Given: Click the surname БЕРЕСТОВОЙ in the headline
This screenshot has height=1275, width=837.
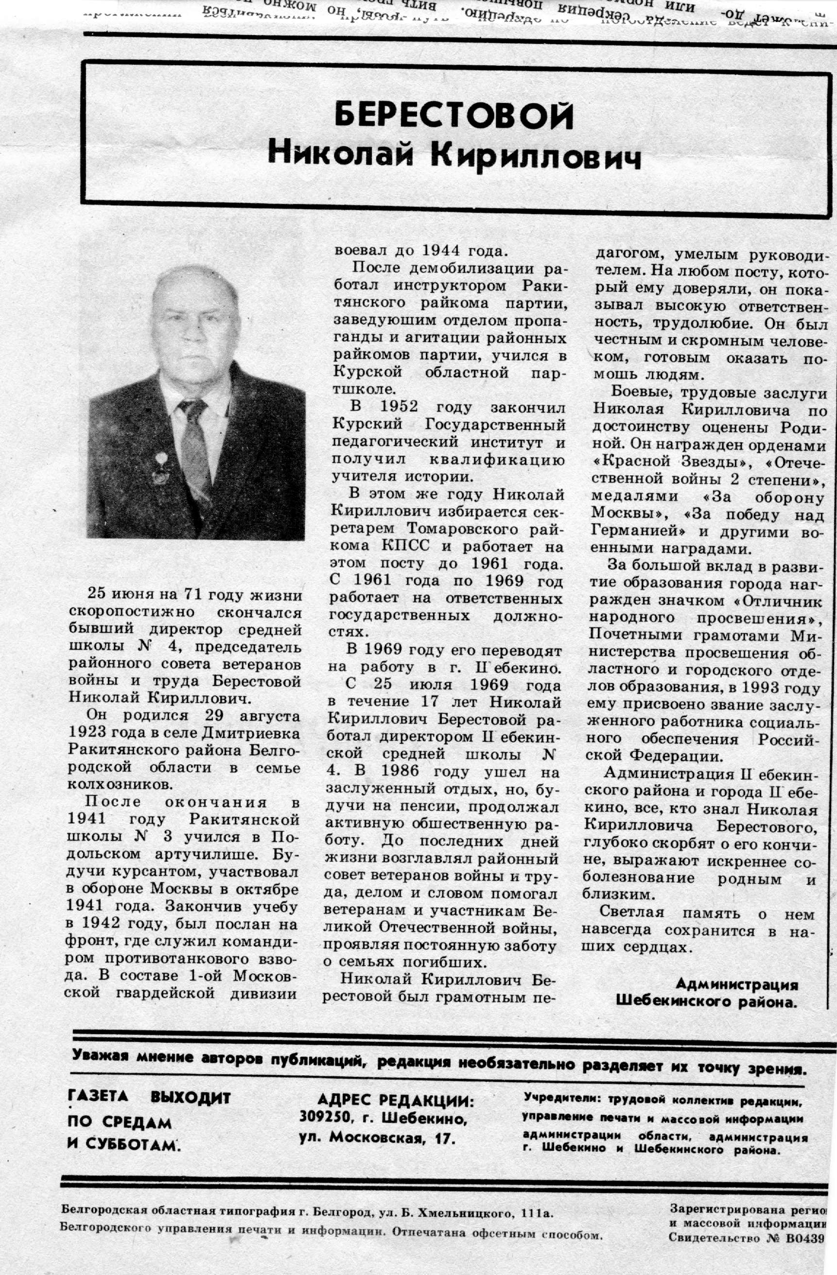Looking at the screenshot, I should pyautogui.click(x=454, y=114).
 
